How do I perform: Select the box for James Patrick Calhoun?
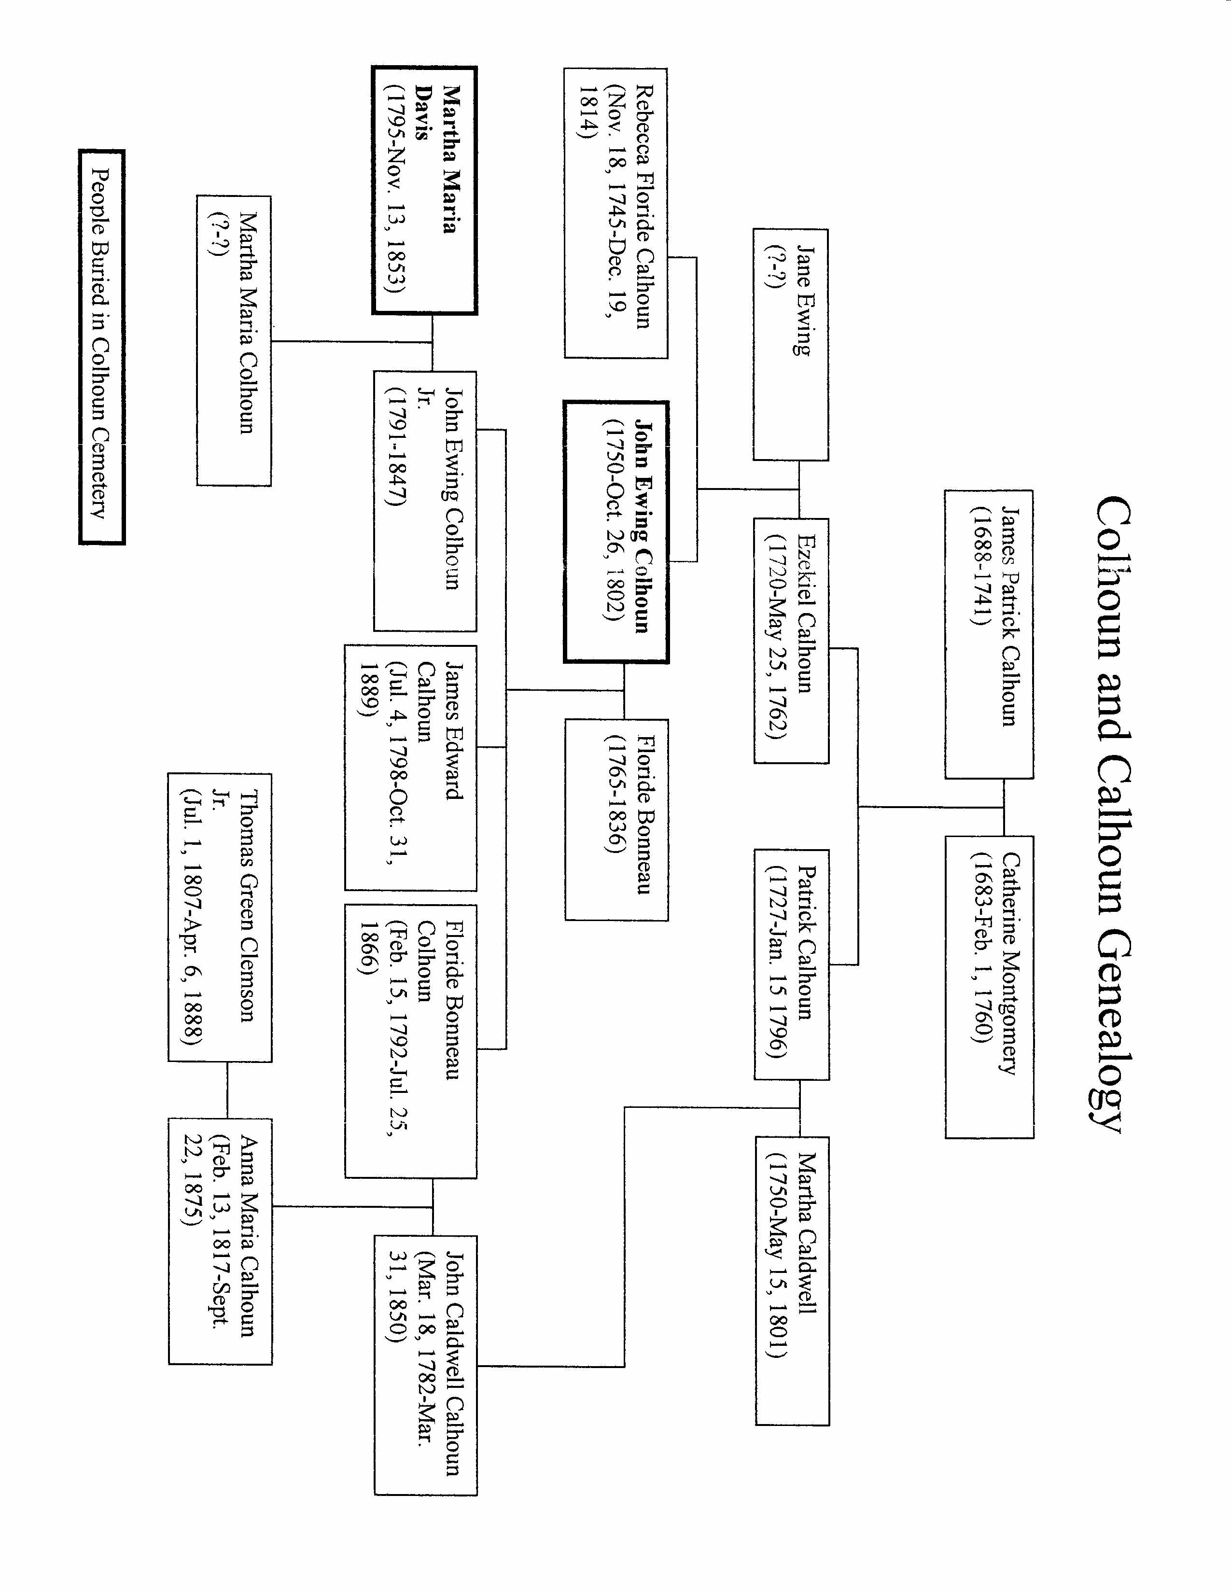989,634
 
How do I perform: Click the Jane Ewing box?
791,344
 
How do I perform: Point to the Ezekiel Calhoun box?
791,641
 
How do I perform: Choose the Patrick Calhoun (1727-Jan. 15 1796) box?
791,964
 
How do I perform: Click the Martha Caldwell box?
792,1280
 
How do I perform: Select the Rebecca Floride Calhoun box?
615,213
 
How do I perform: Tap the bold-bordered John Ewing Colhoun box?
615,532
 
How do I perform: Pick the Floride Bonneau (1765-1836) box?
616,820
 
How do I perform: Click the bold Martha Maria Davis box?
424,190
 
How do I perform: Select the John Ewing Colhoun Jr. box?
425,501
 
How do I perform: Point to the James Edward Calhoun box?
411,768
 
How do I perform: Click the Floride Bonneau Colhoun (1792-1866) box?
411,1041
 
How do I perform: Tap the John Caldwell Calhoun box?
426,1365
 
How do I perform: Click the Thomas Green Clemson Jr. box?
220,918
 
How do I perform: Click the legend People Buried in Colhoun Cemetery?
101,347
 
